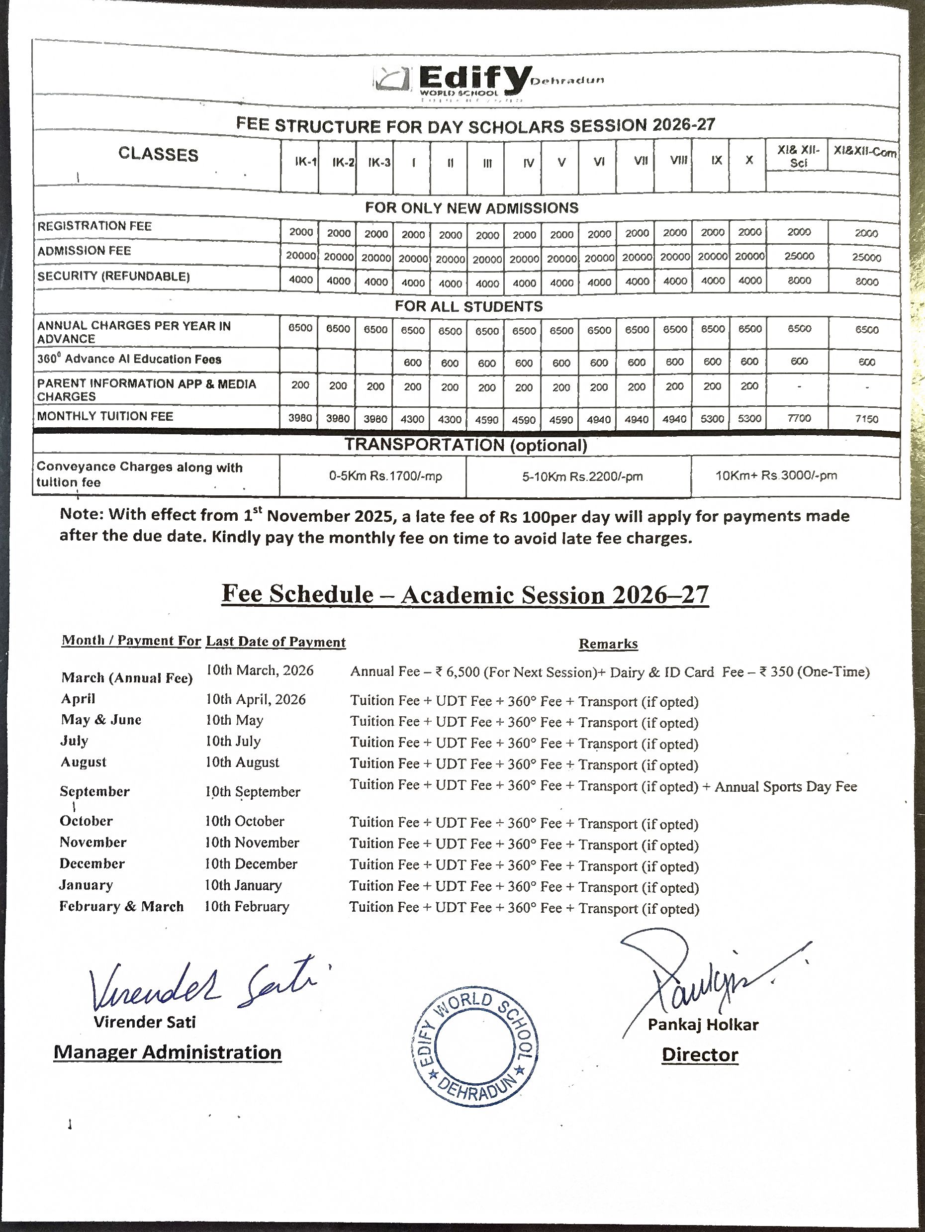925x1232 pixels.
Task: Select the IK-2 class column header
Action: coord(343,162)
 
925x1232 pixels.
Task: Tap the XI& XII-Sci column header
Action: coord(798,157)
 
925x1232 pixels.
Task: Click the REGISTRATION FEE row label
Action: coord(94,226)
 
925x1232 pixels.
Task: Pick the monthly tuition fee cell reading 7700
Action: coord(799,418)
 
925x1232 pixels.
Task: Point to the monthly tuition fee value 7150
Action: coord(866,419)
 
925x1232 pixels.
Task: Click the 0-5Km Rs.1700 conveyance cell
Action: coord(385,476)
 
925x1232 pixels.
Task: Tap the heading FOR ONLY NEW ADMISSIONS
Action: coord(471,208)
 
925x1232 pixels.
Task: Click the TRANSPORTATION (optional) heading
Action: coord(465,445)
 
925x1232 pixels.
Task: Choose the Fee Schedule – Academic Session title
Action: coord(465,595)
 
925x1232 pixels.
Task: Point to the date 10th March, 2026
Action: coord(260,670)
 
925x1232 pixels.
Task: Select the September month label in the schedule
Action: coord(94,791)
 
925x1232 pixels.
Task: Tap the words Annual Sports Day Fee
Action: coord(785,786)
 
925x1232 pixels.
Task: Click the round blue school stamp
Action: coord(474,1044)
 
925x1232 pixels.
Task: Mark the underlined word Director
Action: coord(700,1054)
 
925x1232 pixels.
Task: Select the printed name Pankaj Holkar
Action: coord(703,1025)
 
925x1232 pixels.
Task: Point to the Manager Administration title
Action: coord(167,1052)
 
